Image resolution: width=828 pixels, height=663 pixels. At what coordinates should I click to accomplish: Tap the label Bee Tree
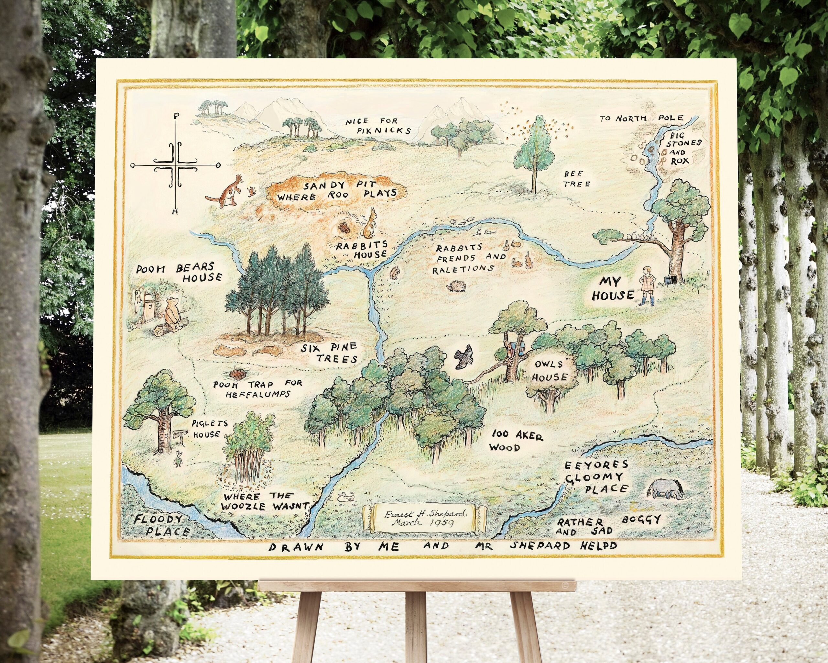(576, 179)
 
